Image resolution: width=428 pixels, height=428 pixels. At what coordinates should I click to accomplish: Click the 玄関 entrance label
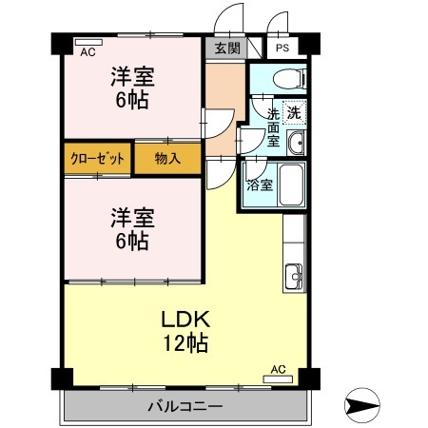point(226,49)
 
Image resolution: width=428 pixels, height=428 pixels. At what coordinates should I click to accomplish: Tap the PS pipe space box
point(282,49)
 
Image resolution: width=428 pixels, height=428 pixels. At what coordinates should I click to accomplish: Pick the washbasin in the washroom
point(296,145)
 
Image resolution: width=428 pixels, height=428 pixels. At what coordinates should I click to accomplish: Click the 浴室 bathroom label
point(260,185)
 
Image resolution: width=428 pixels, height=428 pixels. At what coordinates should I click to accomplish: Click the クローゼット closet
point(98,159)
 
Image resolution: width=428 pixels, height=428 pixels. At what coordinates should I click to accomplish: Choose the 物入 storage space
point(168,159)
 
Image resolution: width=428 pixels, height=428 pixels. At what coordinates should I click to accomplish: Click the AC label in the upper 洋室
point(88,53)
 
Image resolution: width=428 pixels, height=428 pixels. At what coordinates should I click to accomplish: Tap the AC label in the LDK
point(278,368)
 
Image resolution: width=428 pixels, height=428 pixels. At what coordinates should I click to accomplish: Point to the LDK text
point(185,318)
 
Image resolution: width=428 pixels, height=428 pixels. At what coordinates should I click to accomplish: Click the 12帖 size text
point(185,343)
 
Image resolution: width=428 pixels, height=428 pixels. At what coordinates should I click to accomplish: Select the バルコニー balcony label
point(185,407)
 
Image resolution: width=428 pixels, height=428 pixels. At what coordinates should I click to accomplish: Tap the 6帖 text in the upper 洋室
point(132,99)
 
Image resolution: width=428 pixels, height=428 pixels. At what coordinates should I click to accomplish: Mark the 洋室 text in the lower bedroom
point(132,217)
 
